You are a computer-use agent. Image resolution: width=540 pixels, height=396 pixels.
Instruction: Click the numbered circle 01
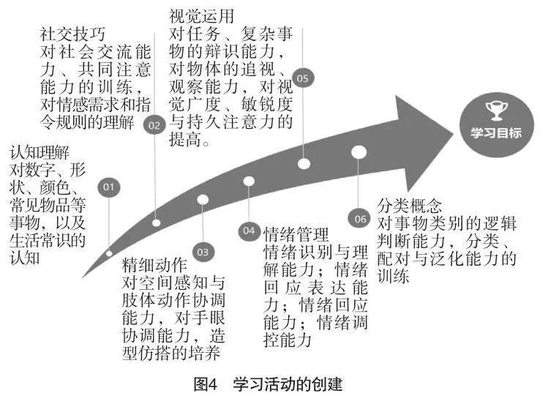pyautogui.click(x=109, y=188)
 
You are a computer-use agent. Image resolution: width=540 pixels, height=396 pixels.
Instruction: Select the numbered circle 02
pyautogui.click(x=154, y=125)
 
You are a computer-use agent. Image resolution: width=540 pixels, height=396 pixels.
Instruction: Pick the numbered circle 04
pyautogui.click(x=249, y=231)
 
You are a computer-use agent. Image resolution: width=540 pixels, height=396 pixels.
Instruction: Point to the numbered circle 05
pyautogui.click(x=302, y=78)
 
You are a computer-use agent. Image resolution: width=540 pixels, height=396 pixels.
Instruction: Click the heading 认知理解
pyautogui.click(x=39, y=154)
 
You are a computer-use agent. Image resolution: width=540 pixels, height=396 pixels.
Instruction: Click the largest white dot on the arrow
pyautogui.click(x=359, y=152)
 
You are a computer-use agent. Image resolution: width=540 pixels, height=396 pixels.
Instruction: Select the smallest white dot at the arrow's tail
pyautogui.click(x=109, y=253)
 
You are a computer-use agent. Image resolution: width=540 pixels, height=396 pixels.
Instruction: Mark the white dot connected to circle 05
pyautogui.click(x=304, y=164)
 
